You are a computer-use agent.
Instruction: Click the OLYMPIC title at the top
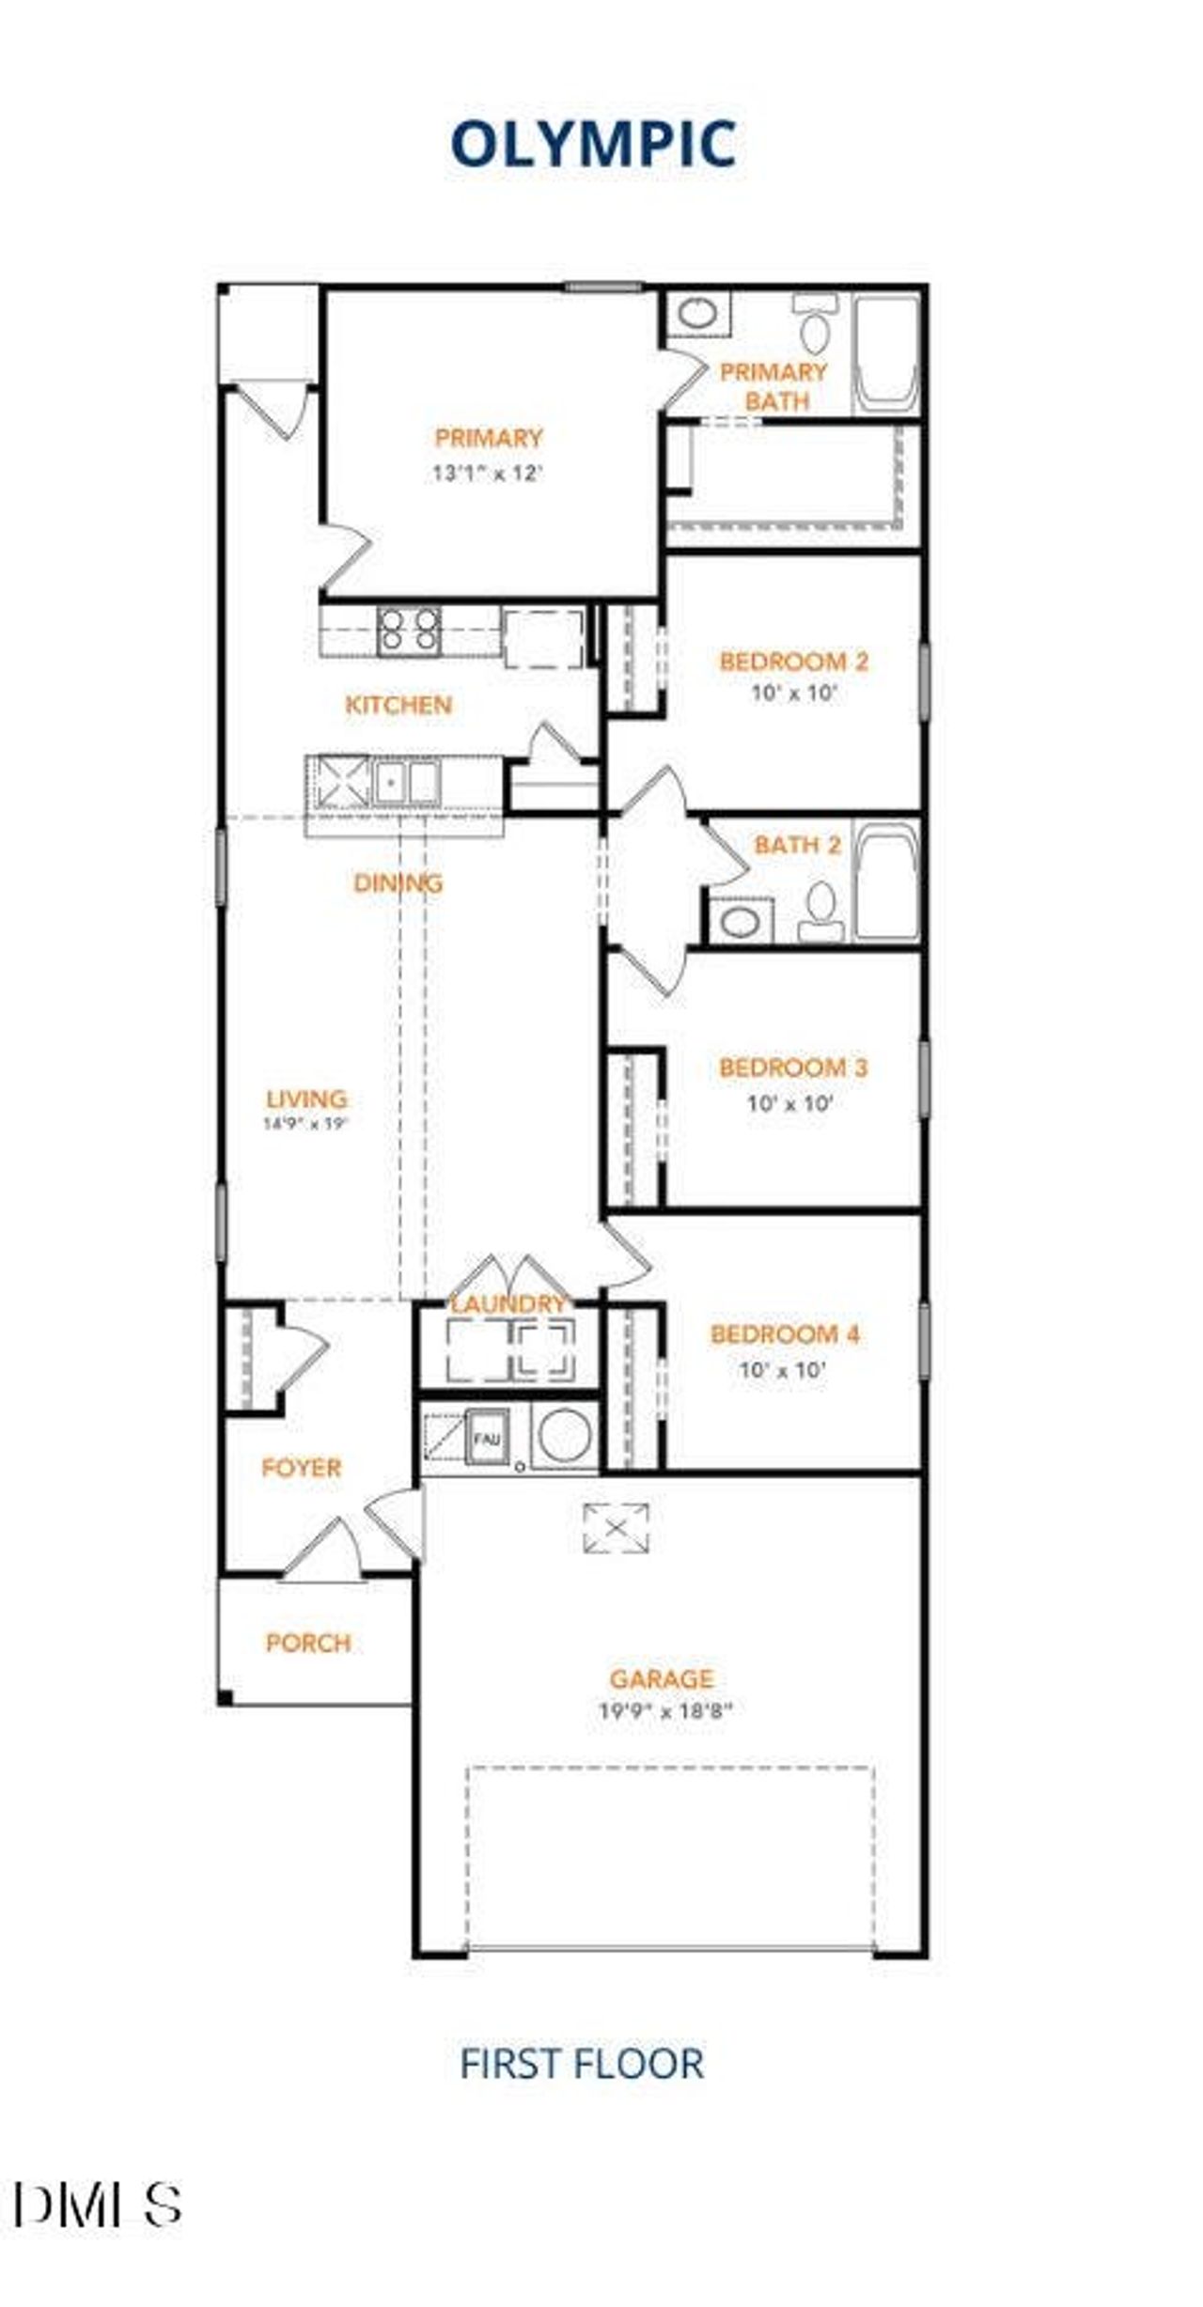pos(593,145)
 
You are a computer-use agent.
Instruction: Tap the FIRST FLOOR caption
pos(582,2064)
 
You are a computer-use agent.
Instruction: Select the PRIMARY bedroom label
pos(489,438)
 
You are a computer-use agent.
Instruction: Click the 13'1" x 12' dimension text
pos(488,473)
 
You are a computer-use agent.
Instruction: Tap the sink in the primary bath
pos(698,313)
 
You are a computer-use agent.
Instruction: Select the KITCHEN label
pos(398,705)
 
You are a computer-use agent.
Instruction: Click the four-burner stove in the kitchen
pos(409,630)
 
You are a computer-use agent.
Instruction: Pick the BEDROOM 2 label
pos(794,662)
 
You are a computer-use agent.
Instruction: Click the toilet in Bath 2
pos(821,909)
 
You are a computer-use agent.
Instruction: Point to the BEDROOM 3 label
pos(793,1068)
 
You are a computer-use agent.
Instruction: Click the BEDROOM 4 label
pos(785,1334)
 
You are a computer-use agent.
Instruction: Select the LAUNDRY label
pos(508,1304)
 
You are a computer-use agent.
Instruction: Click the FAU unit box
pos(487,1438)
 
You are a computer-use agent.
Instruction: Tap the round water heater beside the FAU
pos(565,1437)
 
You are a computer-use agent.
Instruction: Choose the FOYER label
pos(301,1468)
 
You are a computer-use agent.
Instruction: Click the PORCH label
pos(308,1643)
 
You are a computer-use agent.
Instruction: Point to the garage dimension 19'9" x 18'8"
pos(665,1710)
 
